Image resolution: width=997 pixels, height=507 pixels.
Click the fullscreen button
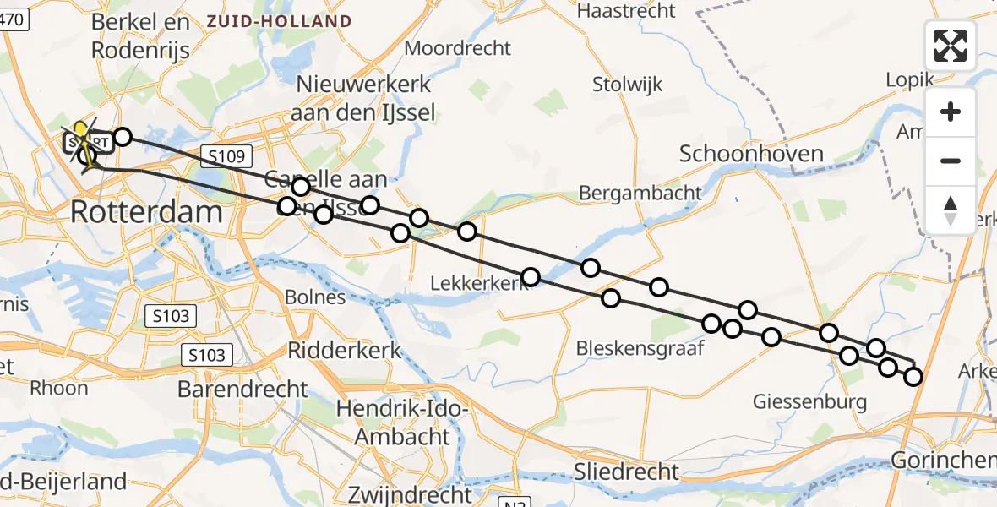951,46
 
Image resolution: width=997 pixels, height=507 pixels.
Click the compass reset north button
951,210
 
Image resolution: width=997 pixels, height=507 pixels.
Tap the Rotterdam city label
146,211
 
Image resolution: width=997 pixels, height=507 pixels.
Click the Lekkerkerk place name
477,284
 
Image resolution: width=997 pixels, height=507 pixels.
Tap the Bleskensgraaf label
640,348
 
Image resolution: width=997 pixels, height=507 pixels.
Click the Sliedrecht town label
626,471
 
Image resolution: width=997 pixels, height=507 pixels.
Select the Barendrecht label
242,389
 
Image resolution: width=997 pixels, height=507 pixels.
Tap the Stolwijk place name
627,84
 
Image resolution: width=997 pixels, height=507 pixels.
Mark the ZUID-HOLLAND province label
280,21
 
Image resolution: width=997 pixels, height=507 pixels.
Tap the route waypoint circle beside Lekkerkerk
530,277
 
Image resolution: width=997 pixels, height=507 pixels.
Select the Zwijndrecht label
403,493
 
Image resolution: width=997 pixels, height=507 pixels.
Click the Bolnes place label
315,297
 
